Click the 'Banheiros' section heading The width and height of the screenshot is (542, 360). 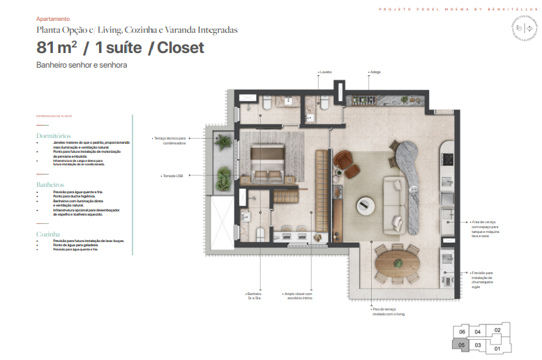pos(50,185)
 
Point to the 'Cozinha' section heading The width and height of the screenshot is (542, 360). pos(48,234)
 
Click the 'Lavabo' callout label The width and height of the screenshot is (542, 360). pos(325,72)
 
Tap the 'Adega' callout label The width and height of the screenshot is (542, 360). pos(375,72)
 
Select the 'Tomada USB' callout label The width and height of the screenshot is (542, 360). pos(172,176)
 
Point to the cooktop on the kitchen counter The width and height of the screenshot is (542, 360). pos(446,178)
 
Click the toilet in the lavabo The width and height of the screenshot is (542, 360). pos(324,105)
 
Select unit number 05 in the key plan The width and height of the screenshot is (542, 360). pos(461,344)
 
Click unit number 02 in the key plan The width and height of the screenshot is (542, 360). pos(497,331)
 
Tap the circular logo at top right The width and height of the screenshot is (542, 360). pos(522,32)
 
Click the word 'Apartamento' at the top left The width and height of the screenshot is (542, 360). pos(53,20)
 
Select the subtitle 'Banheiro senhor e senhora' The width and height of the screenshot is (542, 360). pos(82,65)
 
